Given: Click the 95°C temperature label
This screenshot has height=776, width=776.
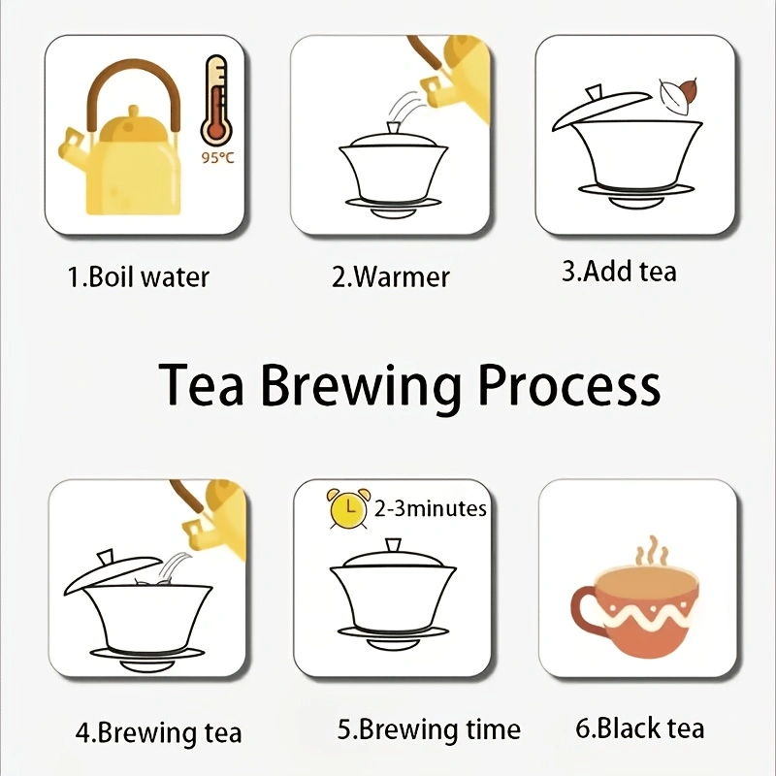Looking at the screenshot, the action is click(217, 158).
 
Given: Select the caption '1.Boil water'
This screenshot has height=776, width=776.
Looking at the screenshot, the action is click(138, 276).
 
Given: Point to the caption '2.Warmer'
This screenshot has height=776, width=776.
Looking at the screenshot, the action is click(391, 276).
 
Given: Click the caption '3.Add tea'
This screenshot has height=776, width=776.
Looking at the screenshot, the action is click(619, 272).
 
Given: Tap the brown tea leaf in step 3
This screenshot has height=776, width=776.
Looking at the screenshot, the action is click(687, 90).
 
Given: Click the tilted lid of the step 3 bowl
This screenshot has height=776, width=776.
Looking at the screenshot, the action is click(601, 108).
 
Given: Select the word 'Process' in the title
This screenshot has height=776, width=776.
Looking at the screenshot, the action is click(569, 384).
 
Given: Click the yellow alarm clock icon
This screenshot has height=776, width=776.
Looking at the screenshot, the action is click(348, 508).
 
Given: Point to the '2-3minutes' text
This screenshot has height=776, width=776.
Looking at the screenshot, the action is click(430, 508).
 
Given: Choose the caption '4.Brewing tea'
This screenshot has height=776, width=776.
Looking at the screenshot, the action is click(158, 733).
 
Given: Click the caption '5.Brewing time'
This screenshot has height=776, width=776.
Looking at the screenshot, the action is click(429, 729).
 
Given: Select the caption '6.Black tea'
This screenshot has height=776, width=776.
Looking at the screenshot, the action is click(639, 728).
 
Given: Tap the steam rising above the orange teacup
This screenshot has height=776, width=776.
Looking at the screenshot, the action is click(653, 551).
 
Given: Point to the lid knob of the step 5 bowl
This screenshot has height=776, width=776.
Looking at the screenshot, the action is click(393, 546).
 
